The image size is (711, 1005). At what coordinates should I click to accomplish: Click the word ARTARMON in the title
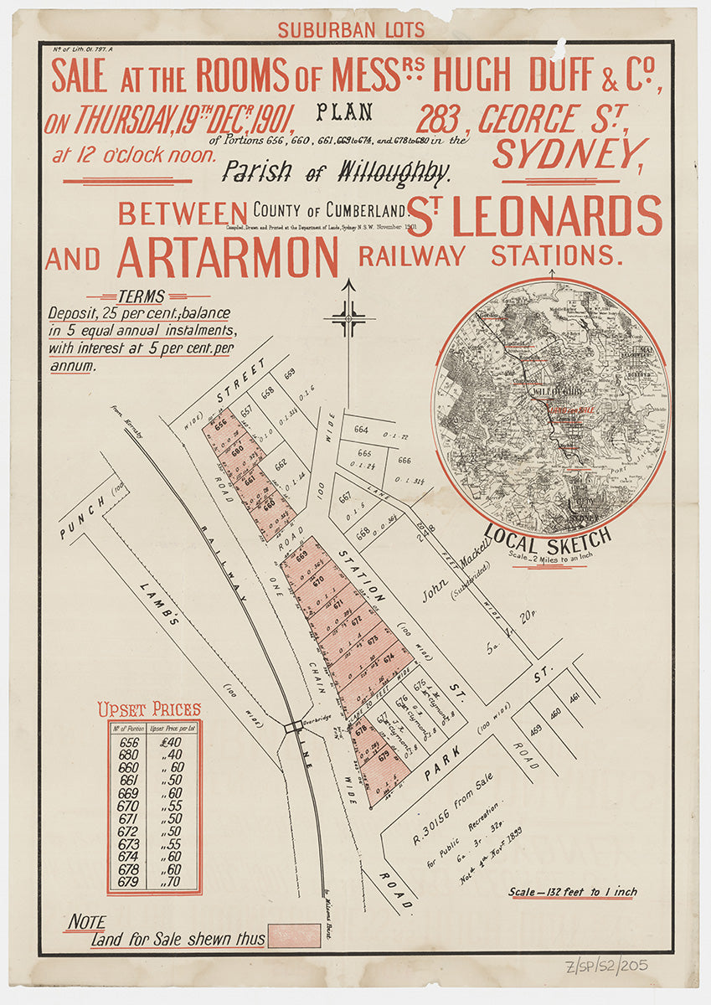point(227,256)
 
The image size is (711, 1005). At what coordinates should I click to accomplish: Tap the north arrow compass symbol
point(348,317)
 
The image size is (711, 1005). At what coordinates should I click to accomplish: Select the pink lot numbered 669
point(301,557)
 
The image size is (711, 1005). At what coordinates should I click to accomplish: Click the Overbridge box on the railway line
point(293,727)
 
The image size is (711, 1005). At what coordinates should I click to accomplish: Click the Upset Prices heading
point(149,710)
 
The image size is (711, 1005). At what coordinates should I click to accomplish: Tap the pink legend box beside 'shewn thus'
point(293,935)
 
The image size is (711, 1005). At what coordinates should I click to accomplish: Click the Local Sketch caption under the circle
point(547,537)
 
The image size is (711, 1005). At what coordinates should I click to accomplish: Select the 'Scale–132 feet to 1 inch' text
point(572,892)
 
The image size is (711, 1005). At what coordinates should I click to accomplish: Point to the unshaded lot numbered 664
point(361,430)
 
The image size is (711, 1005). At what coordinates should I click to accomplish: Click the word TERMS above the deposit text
point(142,296)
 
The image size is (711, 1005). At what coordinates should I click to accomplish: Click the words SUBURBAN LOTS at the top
point(351,30)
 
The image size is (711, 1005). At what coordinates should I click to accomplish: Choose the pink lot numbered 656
point(221,425)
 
